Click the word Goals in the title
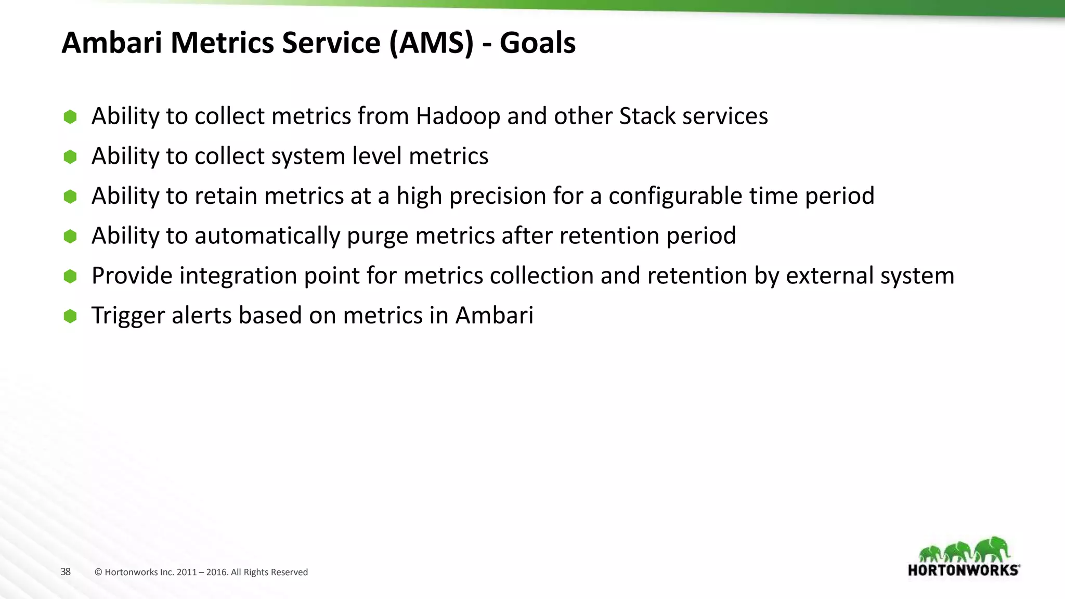coord(537,43)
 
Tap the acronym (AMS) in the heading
coord(431,43)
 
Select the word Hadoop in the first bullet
coord(458,116)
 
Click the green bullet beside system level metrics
coord(70,157)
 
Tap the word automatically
coord(267,236)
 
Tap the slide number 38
coord(66,572)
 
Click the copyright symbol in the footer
coord(98,572)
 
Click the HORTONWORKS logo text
coord(963,570)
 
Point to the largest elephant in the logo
coord(992,549)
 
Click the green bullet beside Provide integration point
coord(70,276)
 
